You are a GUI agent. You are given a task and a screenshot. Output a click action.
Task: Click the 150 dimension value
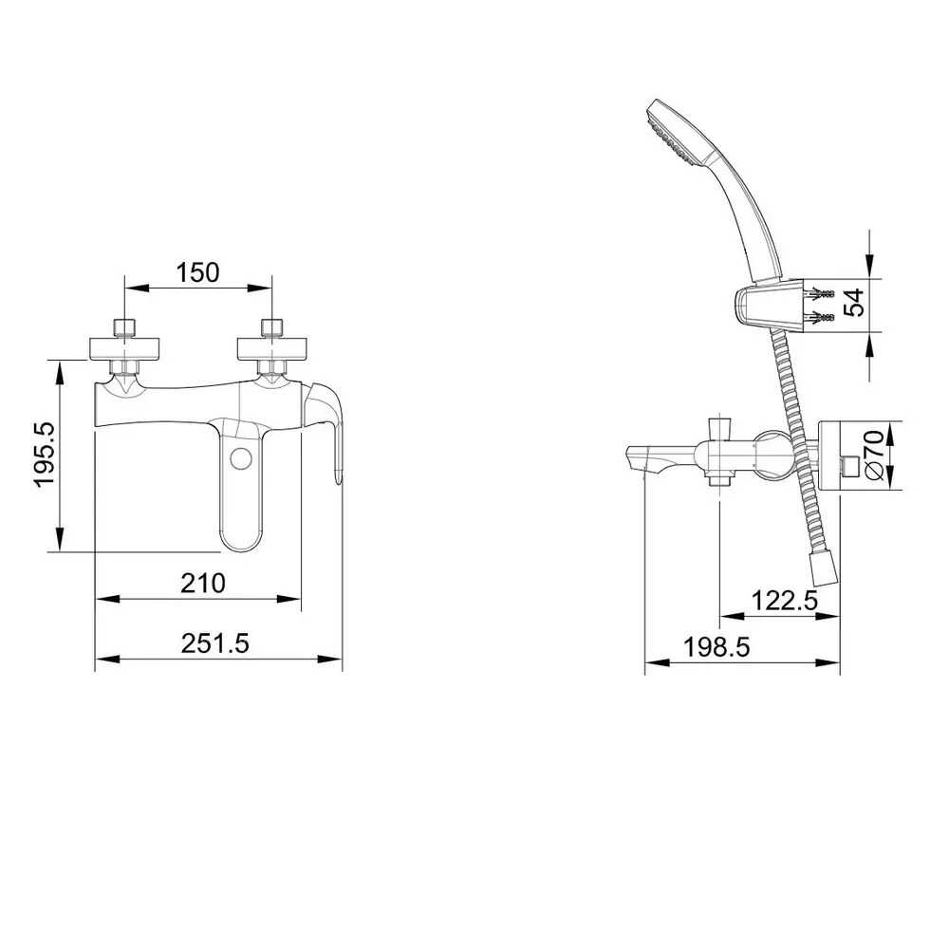[x=197, y=273]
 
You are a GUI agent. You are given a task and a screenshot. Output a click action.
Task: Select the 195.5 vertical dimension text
[x=46, y=454]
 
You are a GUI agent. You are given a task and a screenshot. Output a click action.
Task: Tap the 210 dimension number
[x=203, y=583]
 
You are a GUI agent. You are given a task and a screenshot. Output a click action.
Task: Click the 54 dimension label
[x=854, y=303]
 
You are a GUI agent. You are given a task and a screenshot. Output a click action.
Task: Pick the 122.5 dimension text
[x=785, y=601]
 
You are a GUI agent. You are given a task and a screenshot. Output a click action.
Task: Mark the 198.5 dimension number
[x=716, y=647]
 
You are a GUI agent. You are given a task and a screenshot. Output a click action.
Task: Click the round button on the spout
[x=241, y=457]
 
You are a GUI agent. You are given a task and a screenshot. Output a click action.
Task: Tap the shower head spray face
[x=669, y=136]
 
